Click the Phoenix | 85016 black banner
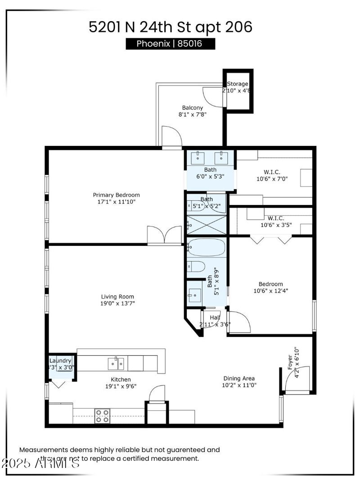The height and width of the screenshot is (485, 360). [170, 44]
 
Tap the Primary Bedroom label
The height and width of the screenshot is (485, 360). [116, 195]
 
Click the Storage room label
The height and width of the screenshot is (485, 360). [237, 84]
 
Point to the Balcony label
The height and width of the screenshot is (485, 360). [192, 108]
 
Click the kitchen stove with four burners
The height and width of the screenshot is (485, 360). [102, 416]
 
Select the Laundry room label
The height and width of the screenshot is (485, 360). [60, 361]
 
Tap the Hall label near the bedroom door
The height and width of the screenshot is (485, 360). [215, 318]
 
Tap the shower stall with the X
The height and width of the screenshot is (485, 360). [207, 225]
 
